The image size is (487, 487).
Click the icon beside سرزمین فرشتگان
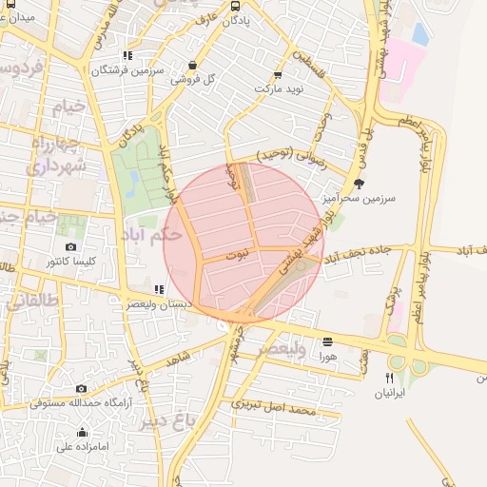pyautogui.click(x=128, y=55)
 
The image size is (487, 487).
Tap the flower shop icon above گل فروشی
pyautogui.click(x=194, y=66)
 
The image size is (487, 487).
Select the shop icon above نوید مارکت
pyautogui.click(x=278, y=75)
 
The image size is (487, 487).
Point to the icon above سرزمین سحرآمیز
pyautogui.click(x=358, y=183)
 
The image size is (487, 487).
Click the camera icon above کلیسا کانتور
pyautogui.click(x=70, y=247)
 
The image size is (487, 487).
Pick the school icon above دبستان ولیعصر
pyautogui.click(x=159, y=289)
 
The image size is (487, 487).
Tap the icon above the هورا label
pyautogui.click(x=328, y=341)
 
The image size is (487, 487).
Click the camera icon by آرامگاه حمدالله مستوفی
pyautogui.click(x=81, y=388)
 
